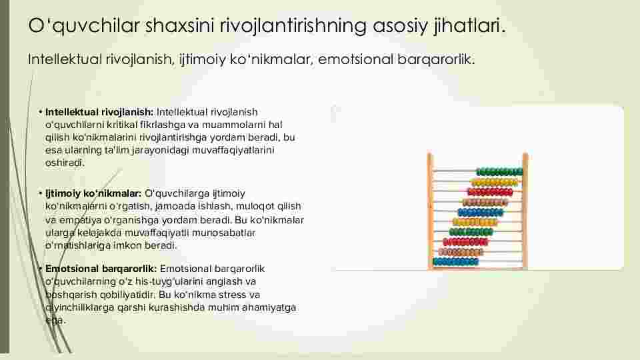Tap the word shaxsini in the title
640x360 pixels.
pyautogui.click(x=179, y=26)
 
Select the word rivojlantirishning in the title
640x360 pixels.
pyautogui.click(x=293, y=26)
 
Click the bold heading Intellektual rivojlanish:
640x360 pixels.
pyautogui.click(x=99, y=112)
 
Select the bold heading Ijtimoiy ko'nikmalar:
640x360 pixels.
pyautogui.click(x=93, y=193)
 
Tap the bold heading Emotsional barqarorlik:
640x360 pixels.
pyautogui.click(x=101, y=269)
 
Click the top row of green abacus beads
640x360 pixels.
pyautogui.click(x=499, y=172)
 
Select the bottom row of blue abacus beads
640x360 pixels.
pyautogui.click(x=455, y=261)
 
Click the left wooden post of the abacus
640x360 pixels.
pyautogui.click(x=430, y=211)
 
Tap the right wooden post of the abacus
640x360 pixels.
pyautogui.click(x=525, y=211)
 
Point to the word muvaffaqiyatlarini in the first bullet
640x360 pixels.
pyautogui.click(x=233, y=150)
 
